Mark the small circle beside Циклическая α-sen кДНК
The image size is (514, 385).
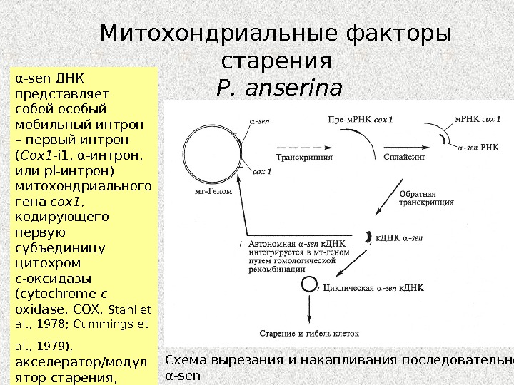click(x=308, y=284)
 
